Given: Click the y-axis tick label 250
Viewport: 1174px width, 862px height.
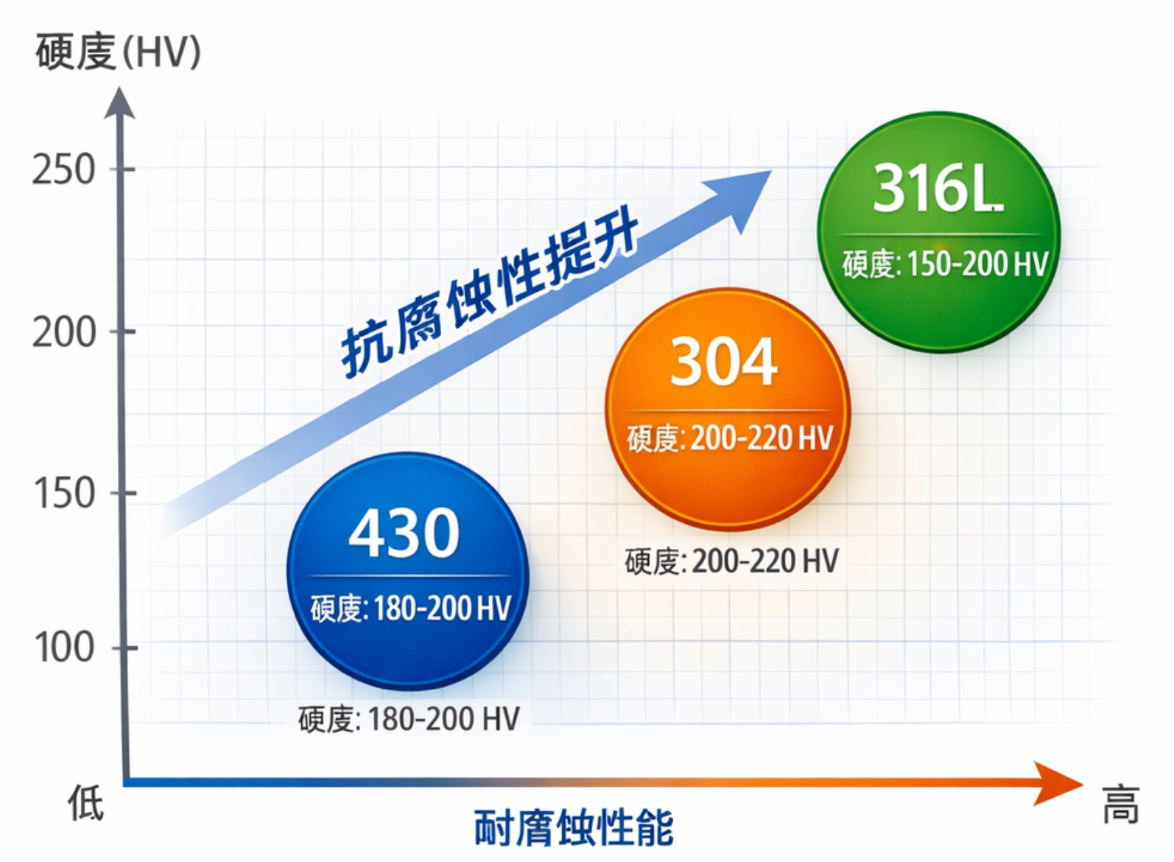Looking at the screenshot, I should (63, 170).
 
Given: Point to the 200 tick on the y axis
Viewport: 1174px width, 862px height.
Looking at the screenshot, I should (64, 332).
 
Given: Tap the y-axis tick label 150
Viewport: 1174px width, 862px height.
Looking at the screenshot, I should (64, 493).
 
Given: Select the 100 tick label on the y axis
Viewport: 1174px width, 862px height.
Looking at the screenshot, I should (64, 648).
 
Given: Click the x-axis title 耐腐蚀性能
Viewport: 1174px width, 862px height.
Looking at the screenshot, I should (573, 827).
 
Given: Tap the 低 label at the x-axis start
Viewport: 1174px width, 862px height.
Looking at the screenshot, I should (86, 802).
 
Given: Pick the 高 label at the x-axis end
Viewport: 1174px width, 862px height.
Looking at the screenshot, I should (1120, 804).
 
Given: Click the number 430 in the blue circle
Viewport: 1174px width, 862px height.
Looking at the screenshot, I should (404, 533).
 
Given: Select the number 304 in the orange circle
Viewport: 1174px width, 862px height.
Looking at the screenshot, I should (723, 362).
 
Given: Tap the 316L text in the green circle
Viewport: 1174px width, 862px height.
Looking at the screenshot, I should (938, 189).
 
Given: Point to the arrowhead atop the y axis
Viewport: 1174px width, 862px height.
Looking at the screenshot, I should (119, 103).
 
